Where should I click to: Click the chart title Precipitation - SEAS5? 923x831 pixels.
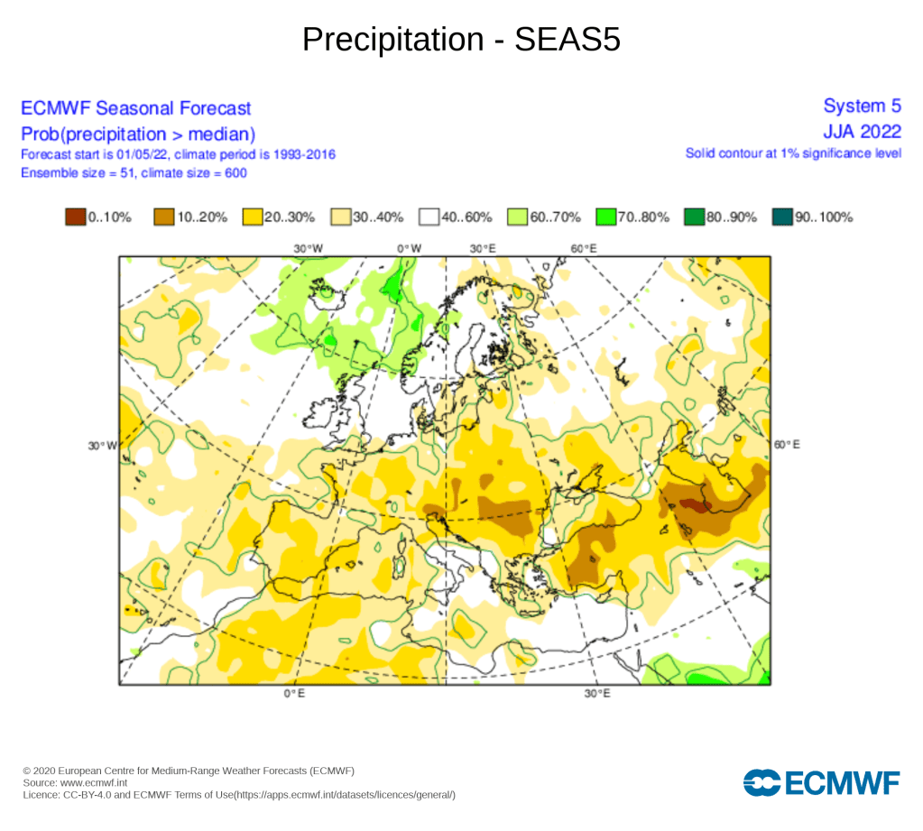pyautogui.click(x=461, y=39)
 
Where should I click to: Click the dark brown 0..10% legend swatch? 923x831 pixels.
pyautogui.click(x=75, y=217)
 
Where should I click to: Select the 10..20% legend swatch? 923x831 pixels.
pyautogui.click(x=163, y=217)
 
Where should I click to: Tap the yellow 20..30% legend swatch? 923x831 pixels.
pyautogui.click(x=252, y=217)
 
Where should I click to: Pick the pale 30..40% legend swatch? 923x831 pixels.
pyautogui.click(x=340, y=217)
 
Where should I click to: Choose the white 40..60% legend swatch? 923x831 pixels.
pyautogui.click(x=429, y=217)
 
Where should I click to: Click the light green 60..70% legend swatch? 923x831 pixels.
pyautogui.click(x=517, y=217)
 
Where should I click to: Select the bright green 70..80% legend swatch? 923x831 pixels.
pyautogui.click(x=605, y=217)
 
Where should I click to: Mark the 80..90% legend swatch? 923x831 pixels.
pyautogui.click(x=694, y=217)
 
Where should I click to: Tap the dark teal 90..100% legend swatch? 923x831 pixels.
pyautogui.click(x=782, y=217)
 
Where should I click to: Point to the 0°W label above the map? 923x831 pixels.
pyautogui.click(x=410, y=248)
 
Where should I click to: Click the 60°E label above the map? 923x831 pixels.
pyautogui.click(x=584, y=248)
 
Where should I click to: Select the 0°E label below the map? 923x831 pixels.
pyautogui.click(x=293, y=694)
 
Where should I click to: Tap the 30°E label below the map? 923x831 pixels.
pyautogui.click(x=596, y=694)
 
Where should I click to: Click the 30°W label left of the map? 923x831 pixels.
pyautogui.click(x=102, y=445)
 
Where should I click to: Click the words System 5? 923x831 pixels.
pyautogui.click(x=863, y=107)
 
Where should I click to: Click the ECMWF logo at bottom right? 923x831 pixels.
pyautogui.click(x=821, y=782)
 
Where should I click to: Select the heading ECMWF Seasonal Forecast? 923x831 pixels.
pyautogui.click(x=135, y=108)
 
